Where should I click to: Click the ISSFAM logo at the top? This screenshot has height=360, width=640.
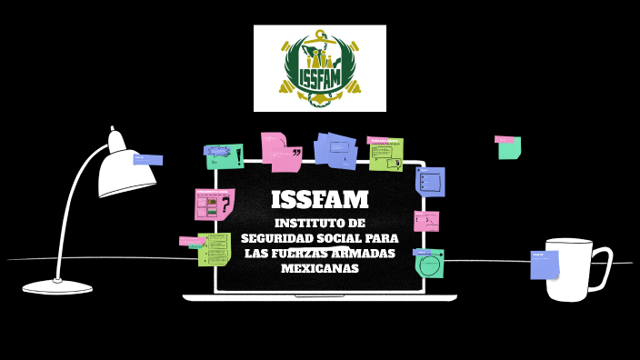320,68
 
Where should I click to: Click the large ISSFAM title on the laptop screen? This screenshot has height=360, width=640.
320,199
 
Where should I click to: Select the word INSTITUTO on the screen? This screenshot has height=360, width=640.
304,223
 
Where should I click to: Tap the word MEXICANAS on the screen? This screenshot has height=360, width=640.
320,268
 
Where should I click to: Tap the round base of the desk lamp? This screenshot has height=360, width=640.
57,287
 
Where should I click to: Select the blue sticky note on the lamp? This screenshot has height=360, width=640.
147,160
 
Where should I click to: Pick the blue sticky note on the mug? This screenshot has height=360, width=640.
544,265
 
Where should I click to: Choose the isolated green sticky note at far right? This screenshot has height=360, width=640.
509,147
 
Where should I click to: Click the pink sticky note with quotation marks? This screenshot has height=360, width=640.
283,153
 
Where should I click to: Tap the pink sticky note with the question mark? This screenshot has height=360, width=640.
215,205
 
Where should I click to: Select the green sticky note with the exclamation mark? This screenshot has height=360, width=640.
225,156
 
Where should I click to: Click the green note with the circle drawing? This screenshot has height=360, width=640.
429,264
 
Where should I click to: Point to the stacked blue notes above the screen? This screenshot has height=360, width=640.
336,151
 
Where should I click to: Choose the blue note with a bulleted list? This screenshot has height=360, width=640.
431,181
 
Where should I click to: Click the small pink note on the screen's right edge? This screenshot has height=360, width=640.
426,221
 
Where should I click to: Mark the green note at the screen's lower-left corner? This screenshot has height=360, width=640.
215,249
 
